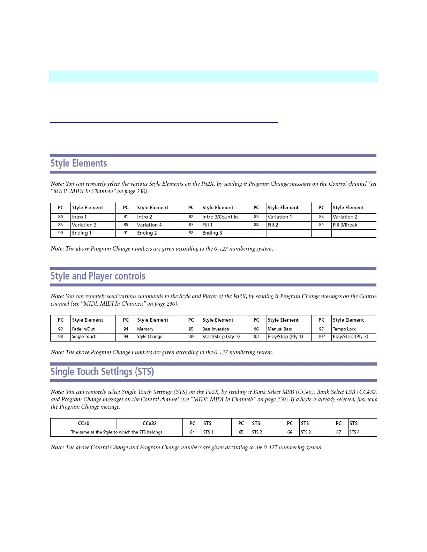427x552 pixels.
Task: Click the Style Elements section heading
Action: [x=79, y=163]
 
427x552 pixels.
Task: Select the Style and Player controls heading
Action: [x=98, y=276]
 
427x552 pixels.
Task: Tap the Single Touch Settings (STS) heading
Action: [x=102, y=371]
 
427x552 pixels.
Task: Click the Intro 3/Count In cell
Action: [x=220, y=217]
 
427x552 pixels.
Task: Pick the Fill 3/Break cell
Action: [x=345, y=225]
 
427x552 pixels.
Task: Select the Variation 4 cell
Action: [x=149, y=225]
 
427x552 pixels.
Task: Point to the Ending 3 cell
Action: [x=212, y=233]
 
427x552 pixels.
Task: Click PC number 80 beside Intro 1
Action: [x=61, y=217]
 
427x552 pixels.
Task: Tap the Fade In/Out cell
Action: [x=83, y=329]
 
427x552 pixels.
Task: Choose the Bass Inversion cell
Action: [x=216, y=329]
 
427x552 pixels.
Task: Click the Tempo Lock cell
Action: [x=344, y=329]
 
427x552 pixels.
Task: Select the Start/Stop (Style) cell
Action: [x=221, y=337]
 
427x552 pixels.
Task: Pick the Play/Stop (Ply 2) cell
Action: [x=351, y=337]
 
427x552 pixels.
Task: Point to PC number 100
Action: [x=191, y=337]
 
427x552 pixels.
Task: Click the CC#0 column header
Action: [x=83, y=423]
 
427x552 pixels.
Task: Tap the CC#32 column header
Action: [x=150, y=423]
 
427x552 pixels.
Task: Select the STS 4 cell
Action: [x=354, y=432]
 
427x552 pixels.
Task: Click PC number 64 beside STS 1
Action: [x=193, y=432]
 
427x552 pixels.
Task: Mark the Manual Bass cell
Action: [x=280, y=329]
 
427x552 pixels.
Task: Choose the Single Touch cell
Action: [x=84, y=337]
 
